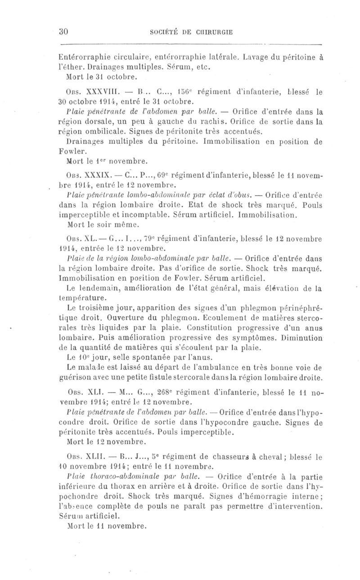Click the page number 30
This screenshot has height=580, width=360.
[x=63, y=32]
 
